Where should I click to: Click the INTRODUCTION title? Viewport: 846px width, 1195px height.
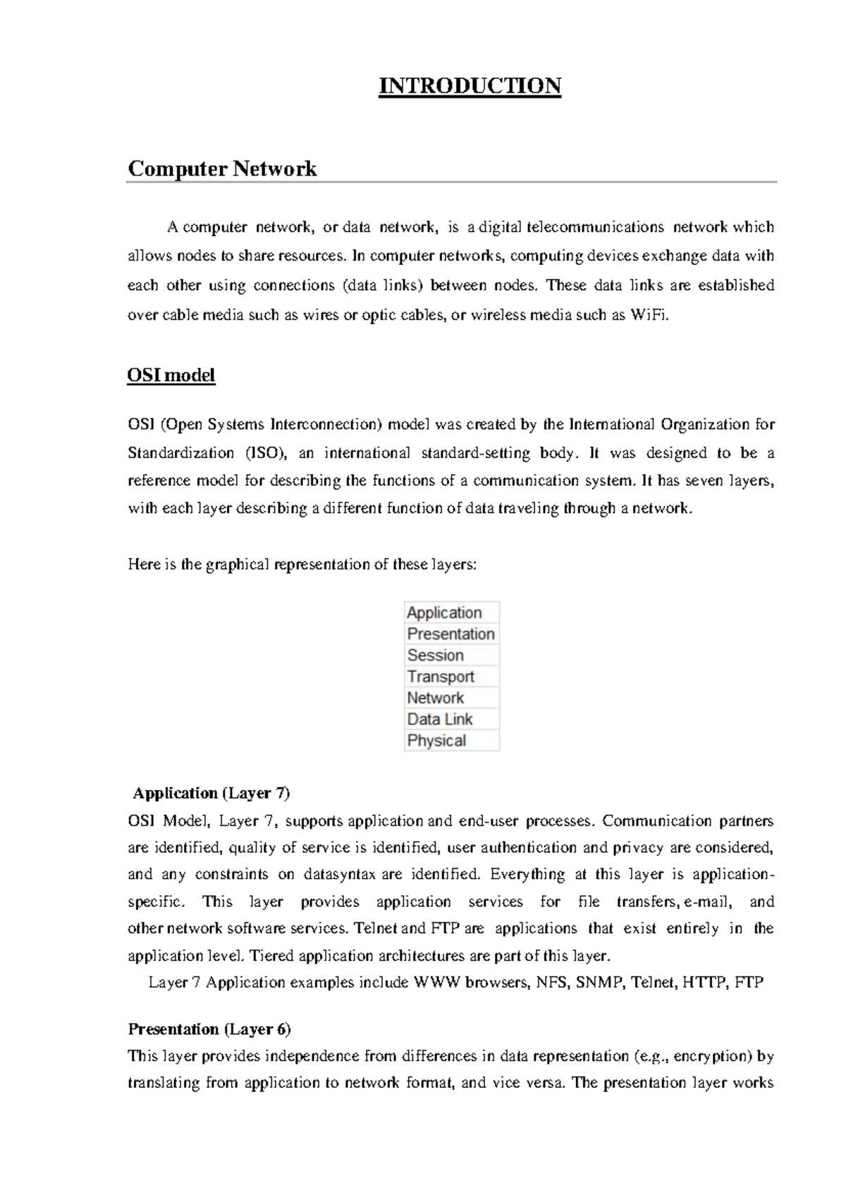[470, 86]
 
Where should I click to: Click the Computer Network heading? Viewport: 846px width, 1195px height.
[222, 169]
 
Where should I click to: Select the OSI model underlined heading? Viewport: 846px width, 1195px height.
[171, 375]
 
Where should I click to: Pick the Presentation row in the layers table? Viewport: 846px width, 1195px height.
[451, 633]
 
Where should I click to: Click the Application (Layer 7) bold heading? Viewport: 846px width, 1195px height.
[211, 793]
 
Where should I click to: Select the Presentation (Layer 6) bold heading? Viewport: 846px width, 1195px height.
[209, 1029]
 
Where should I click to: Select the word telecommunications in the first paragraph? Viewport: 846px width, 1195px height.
[591, 227]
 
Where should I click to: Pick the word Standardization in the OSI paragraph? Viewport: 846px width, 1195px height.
[180, 453]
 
